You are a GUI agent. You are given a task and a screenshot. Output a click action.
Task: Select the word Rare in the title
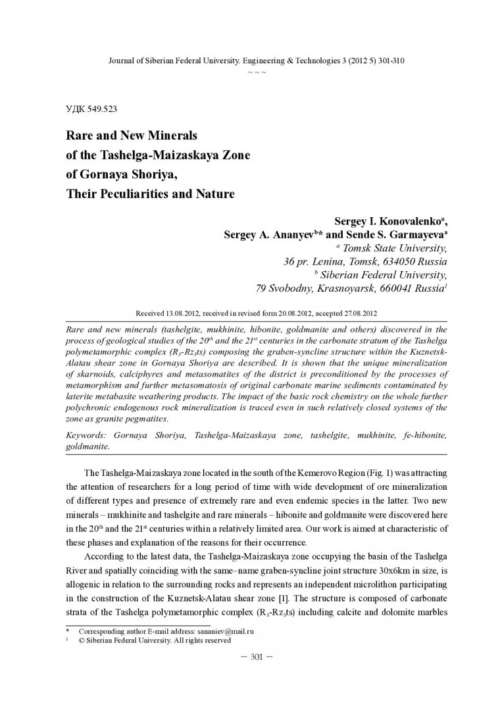pos(78,136)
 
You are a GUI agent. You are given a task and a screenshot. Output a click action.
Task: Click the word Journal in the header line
pos(119,61)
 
